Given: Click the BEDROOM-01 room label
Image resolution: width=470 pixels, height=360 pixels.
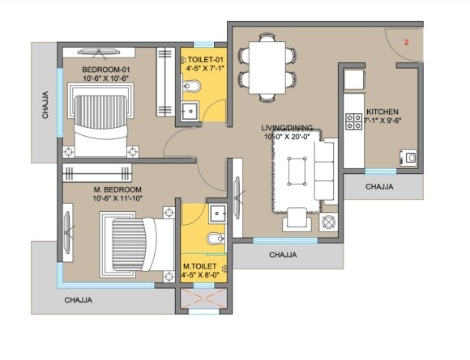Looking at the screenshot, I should click(105, 70).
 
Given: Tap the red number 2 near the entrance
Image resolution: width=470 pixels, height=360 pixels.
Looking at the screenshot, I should click(406, 40).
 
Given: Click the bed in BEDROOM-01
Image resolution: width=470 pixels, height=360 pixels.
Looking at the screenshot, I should click(101, 121).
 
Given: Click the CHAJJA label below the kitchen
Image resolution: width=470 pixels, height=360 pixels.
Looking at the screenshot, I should click(379, 186).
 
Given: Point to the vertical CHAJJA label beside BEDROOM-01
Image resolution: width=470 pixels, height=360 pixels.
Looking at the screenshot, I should click(45, 105).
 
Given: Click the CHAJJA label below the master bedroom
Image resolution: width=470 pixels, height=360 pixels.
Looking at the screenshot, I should click(79, 299).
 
